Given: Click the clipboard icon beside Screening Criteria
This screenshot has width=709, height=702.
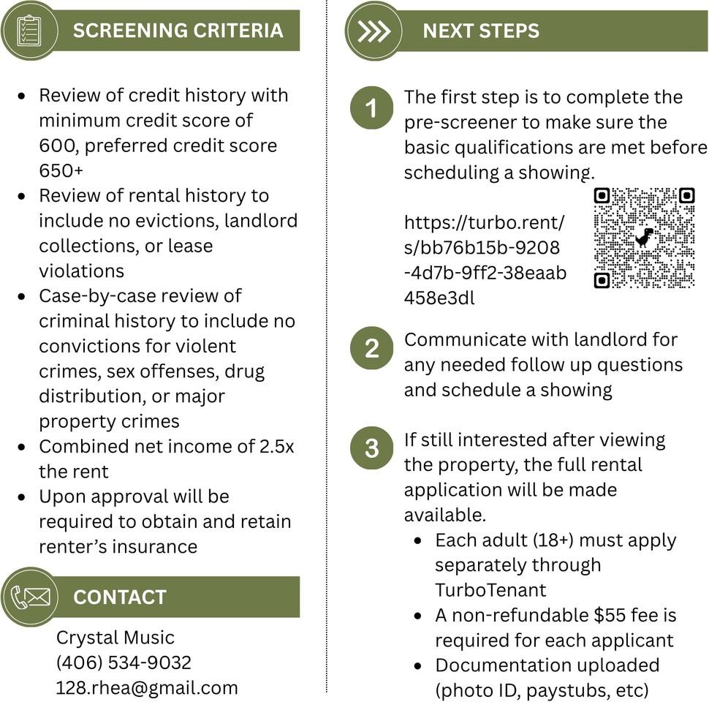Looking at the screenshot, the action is point(29,31).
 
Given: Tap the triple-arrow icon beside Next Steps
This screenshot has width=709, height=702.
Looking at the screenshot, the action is point(374,31).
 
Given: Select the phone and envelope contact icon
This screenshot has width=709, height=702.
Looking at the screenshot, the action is point(30,597).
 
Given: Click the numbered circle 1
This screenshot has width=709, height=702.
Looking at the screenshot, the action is point(372,107).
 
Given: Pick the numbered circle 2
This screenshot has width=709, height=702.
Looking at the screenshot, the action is point(372,348).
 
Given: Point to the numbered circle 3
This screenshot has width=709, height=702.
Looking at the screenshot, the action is point(372,448).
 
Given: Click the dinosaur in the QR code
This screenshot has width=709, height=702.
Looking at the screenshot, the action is point(644,238).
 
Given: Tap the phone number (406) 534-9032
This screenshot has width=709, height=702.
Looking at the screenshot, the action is point(124,663).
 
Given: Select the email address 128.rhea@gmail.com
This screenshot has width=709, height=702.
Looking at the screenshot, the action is point(146,688).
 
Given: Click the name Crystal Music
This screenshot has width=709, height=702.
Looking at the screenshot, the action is point(115,638).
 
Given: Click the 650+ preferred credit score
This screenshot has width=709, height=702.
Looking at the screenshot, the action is point(61,170).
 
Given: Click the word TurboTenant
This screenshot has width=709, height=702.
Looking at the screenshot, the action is point(490,590).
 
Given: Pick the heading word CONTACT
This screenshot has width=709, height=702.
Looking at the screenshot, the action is point(120,597).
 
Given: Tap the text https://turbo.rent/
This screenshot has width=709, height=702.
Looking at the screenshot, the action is point(485,222).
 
